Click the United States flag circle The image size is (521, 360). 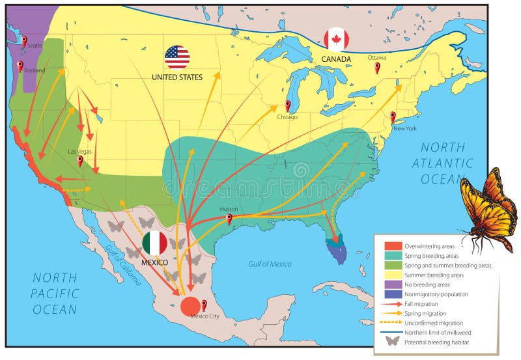coord(176,57)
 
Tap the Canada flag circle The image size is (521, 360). coord(336,40)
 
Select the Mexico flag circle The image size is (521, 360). coord(154,243)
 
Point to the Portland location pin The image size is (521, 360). coord(20,66)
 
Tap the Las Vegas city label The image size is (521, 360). coord(80,152)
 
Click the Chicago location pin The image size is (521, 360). coord(287,105)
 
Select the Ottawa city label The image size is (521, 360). coord(376,58)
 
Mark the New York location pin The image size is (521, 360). coord(393,117)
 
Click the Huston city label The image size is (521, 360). coord(229,209)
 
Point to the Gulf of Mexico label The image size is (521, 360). coord(270,264)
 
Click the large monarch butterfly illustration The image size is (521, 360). coord(487,209)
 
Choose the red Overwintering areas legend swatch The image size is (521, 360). coord(393,246)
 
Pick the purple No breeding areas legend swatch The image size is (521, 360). coord(393,284)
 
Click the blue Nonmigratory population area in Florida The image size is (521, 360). coord(337,250)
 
